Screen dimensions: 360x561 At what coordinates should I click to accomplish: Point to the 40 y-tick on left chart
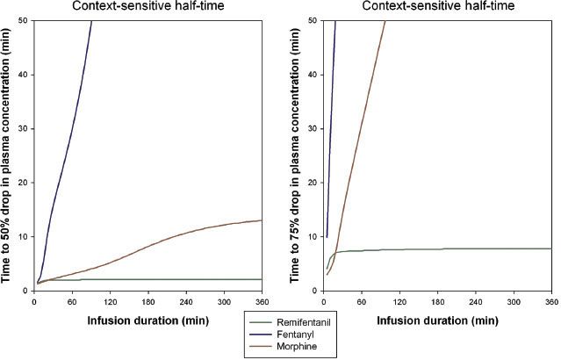[x=24, y=75]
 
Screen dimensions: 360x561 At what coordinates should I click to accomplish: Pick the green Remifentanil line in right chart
[x=439, y=248]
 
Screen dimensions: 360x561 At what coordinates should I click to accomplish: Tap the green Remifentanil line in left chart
[x=176, y=279]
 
